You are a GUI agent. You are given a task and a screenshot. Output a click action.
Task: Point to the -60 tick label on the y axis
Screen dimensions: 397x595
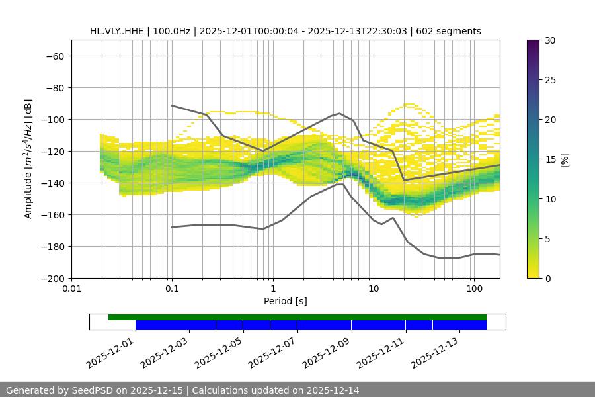(x=54, y=56)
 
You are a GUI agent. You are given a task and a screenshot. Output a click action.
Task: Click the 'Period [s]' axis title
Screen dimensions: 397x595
(x=285, y=301)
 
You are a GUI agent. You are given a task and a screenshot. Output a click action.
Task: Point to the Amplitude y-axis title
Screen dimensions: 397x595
(x=28, y=159)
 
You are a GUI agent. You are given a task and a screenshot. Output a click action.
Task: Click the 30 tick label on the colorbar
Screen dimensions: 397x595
(x=549, y=40)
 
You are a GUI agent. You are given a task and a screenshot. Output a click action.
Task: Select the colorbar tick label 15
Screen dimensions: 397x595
(x=549, y=159)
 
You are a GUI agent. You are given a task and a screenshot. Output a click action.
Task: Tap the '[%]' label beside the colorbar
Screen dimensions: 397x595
(x=565, y=159)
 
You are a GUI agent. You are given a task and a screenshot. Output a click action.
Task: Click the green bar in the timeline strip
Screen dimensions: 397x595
(x=297, y=317)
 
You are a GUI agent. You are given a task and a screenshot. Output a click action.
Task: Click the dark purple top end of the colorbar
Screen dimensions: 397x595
(x=534, y=42)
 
